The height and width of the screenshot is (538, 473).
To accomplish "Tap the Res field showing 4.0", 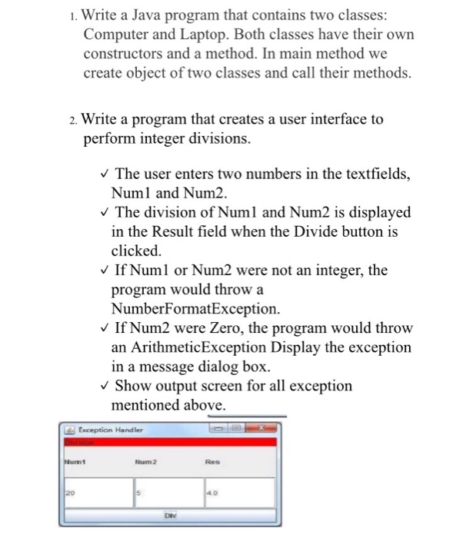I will click(x=238, y=493).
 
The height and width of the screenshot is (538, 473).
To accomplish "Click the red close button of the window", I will click(x=264, y=429).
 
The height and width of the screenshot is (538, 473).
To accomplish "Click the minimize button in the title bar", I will click(x=219, y=429).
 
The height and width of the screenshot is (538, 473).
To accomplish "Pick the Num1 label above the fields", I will click(x=75, y=463).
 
